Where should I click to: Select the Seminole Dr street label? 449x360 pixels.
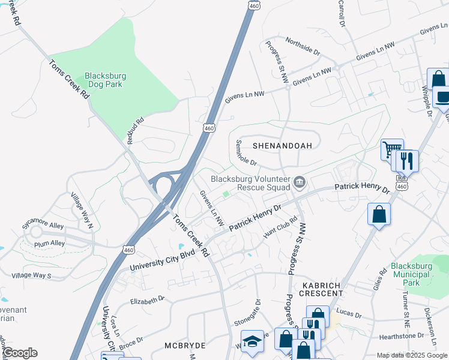246,153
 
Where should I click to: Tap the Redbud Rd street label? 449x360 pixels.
136,130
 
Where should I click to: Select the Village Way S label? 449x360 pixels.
31,275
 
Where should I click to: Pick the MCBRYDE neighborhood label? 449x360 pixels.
185,346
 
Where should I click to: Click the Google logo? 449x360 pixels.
20,353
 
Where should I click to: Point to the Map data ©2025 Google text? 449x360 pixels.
411,355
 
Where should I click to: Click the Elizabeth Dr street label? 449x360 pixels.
146,299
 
